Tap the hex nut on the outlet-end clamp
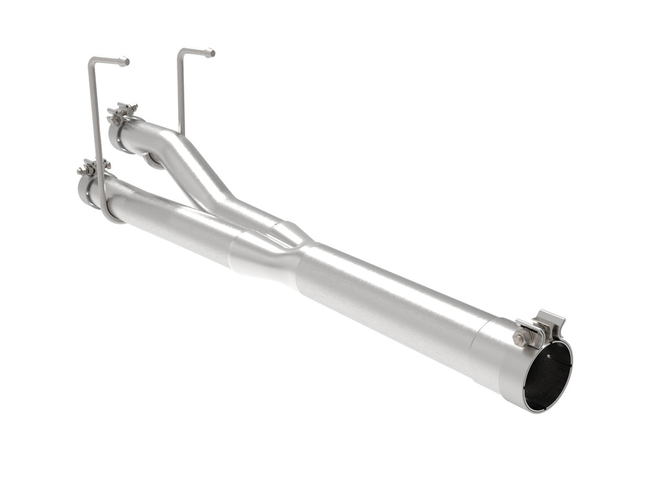[x=521, y=338]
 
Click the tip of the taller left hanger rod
[x=124, y=62]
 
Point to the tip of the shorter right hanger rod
[x=210, y=53]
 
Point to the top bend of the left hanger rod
[x=91, y=60]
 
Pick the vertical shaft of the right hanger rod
[x=180, y=91]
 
